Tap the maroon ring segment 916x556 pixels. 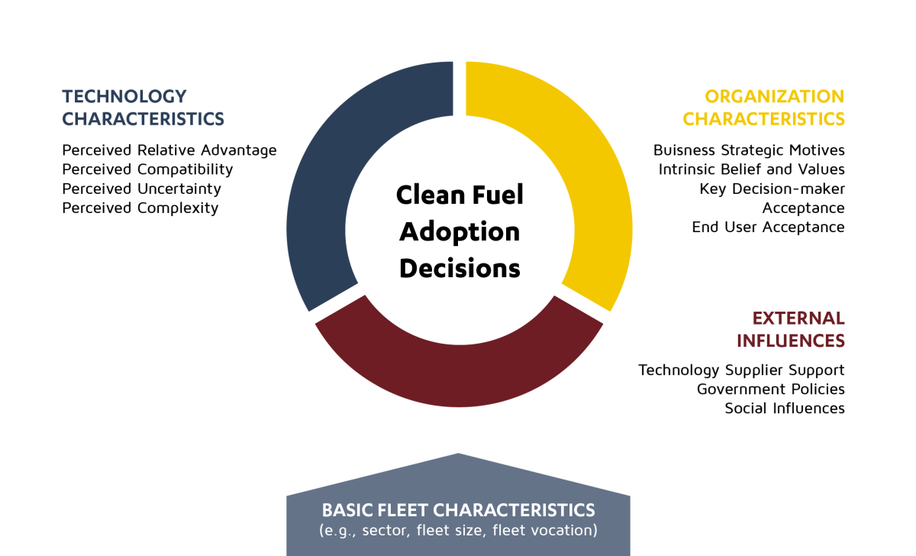(459, 377)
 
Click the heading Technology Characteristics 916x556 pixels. (144, 108)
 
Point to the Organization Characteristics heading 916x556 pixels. (763, 108)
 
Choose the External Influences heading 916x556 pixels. (791, 329)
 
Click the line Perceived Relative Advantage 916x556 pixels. (169, 150)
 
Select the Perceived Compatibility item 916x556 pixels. (147, 170)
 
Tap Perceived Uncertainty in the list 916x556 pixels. (141, 189)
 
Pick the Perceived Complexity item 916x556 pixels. (140, 208)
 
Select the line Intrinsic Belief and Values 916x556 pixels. (752, 169)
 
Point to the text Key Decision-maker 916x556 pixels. (772, 189)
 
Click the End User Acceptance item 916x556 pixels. (769, 227)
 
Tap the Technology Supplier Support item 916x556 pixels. (741, 370)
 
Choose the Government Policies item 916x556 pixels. (771, 389)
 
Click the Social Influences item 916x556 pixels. (785, 409)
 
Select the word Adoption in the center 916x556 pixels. (460, 232)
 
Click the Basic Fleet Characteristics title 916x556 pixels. (459, 510)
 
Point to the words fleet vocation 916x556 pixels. (545, 530)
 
